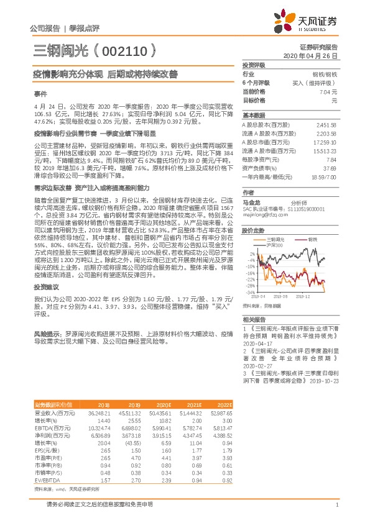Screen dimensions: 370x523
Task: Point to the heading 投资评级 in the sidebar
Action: [x=253, y=65]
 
